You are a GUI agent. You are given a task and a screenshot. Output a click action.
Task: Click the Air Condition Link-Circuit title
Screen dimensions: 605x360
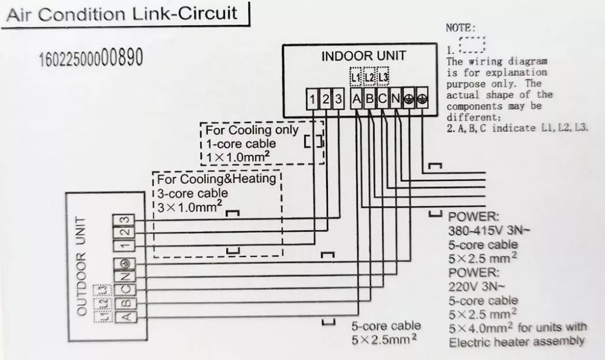tap(122, 14)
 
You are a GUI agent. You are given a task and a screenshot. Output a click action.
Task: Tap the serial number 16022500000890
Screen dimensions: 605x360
tap(91, 57)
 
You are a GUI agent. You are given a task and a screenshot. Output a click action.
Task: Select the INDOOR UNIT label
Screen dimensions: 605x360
tap(363, 56)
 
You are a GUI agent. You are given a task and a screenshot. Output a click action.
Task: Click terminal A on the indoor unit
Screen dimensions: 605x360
tap(356, 99)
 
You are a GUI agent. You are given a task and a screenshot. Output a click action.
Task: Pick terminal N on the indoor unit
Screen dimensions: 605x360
tap(395, 99)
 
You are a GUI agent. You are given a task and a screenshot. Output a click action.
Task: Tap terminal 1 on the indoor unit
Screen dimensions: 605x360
tap(312, 99)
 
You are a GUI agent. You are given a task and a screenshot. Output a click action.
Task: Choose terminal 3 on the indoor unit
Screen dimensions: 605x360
tap(339, 99)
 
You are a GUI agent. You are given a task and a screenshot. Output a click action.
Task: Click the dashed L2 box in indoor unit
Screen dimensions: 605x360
tap(369, 77)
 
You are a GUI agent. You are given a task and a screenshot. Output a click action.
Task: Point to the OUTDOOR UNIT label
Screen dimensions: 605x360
tap(80, 266)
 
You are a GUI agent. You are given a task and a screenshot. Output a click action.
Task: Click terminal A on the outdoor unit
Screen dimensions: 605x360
tap(126, 316)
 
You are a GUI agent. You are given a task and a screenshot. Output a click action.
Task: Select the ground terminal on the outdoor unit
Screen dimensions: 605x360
tap(124, 264)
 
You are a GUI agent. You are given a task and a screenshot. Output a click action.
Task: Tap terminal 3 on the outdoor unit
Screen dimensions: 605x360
tap(123, 220)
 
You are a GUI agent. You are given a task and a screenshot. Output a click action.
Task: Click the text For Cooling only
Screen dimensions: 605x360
tap(252, 130)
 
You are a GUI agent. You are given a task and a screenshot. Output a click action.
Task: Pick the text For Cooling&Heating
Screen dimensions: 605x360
tap(216, 179)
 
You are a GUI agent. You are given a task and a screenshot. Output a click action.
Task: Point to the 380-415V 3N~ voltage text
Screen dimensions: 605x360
tap(489, 231)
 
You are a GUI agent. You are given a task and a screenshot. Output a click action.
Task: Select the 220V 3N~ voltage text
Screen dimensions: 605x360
tap(476, 287)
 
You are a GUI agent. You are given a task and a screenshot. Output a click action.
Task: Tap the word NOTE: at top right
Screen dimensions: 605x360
tap(461, 28)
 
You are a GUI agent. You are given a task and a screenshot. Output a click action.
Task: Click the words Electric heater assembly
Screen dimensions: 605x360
tap(516, 342)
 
